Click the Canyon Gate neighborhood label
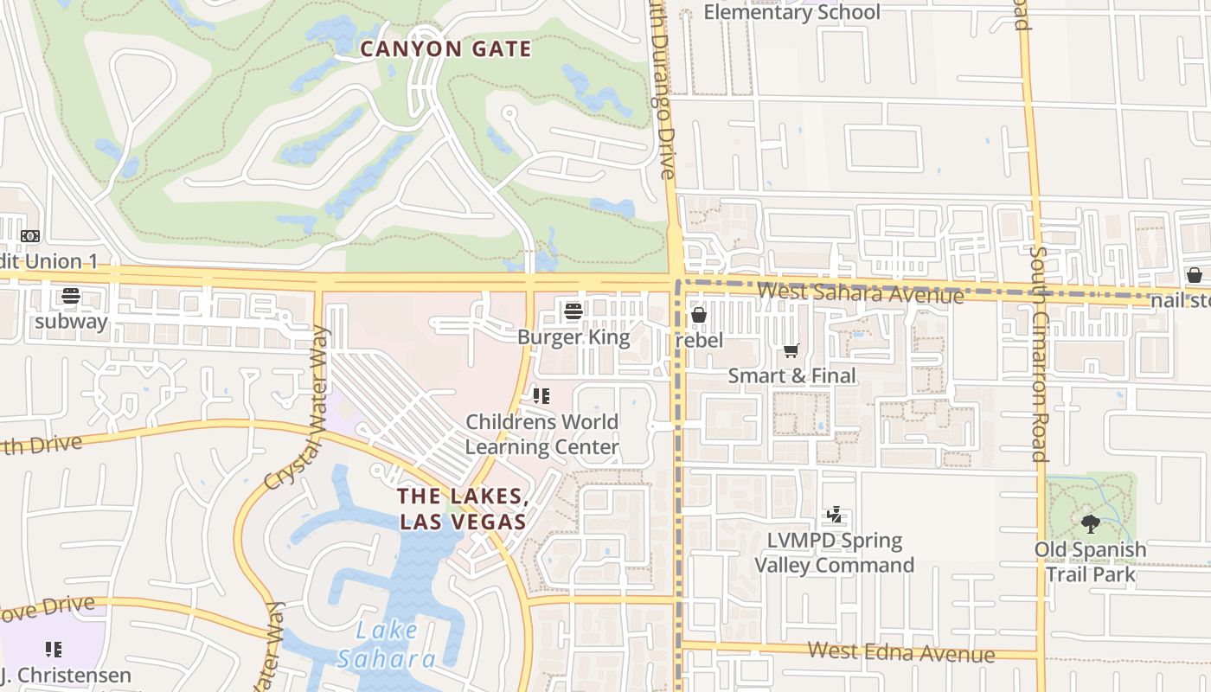(445, 49)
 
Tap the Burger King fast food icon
(573, 311)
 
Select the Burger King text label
(573, 336)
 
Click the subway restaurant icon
(71, 297)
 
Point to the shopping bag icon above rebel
(699, 315)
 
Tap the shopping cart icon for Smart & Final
(791, 350)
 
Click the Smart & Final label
(791, 375)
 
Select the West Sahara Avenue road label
(860, 292)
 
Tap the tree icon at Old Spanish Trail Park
(1090, 523)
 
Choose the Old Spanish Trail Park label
(1090, 561)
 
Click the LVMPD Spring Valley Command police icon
(834, 516)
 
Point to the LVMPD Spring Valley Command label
(834, 553)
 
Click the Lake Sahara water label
(387, 644)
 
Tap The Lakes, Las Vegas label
(463, 509)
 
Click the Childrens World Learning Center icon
(541, 396)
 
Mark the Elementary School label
(791, 12)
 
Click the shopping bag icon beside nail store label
(1194, 275)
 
